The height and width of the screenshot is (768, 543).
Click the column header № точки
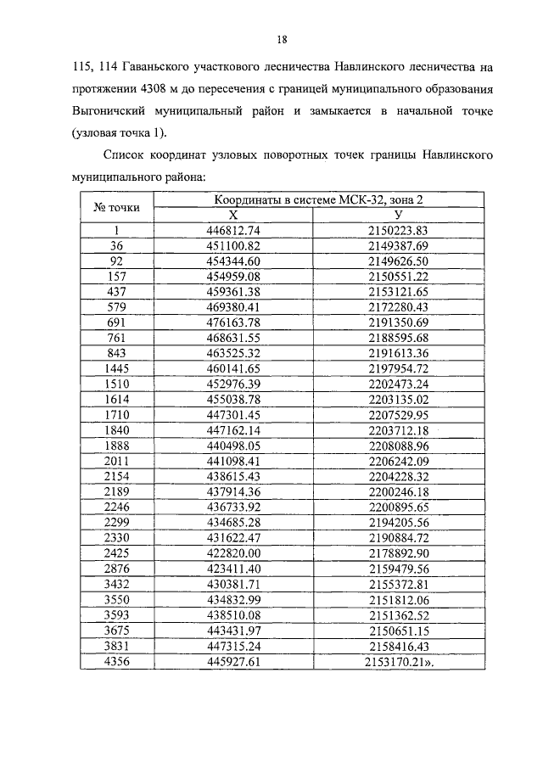click(116, 208)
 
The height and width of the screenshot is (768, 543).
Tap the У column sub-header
click(398, 216)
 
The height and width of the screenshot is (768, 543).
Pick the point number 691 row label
click(116, 323)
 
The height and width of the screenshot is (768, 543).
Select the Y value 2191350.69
click(398, 323)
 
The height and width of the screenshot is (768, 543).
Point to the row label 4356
click(116, 662)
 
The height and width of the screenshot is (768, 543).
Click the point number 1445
click(116, 369)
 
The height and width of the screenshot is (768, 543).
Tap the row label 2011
click(116, 462)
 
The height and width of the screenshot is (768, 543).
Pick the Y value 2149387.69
click(398, 246)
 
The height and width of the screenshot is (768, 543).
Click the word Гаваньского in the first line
click(160, 64)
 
